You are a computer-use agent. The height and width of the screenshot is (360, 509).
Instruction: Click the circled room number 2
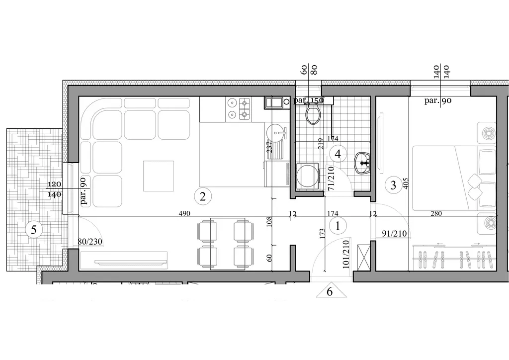[x=203, y=196]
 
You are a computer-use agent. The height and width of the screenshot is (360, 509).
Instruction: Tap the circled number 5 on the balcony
[x=33, y=230]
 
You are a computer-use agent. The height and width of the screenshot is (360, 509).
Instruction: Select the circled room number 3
[x=393, y=185]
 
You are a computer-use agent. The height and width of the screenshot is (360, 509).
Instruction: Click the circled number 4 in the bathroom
[x=338, y=154]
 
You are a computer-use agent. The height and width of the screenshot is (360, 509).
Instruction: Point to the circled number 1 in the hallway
[x=338, y=226]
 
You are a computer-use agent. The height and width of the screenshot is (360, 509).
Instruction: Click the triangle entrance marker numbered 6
[x=331, y=290]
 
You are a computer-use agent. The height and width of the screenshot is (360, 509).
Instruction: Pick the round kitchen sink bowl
[x=275, y=133]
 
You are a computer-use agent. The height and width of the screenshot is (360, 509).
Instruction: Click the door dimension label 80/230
[x=90, y=242]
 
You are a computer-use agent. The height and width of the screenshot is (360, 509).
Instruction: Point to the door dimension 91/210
[x=394, y=234]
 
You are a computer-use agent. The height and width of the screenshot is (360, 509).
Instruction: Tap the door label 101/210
[x=346, y=254]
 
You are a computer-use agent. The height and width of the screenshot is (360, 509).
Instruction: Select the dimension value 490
[x=184, y=214]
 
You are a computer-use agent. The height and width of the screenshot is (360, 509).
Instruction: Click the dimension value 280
[x=436, y=214]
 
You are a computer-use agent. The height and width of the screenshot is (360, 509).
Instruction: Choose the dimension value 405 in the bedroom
[x=406, y=183]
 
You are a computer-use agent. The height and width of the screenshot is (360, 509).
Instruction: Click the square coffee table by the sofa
[x=159, y=176]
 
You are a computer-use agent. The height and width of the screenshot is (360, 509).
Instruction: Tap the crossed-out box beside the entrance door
[x=363, y=257]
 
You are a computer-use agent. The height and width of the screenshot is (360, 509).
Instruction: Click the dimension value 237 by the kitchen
[x=269, y=147]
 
